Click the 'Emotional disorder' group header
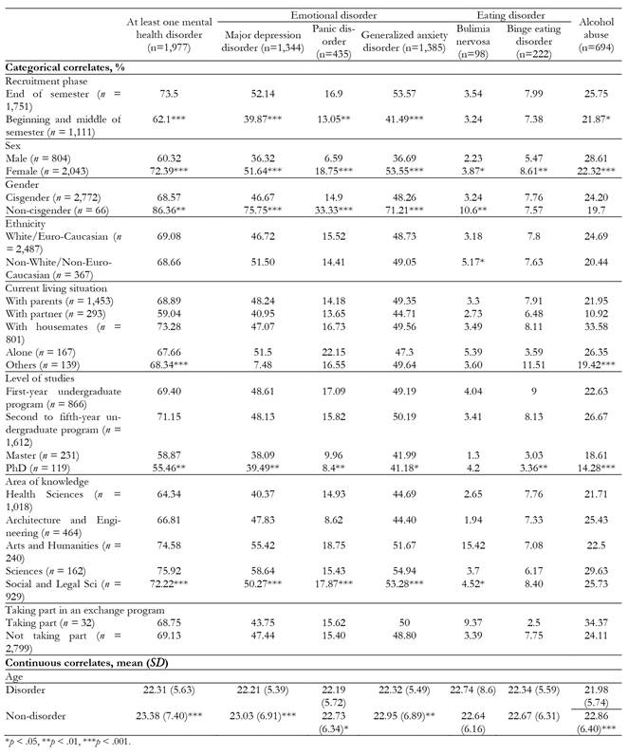[x=333, y=15]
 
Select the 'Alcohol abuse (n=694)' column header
[x=596, y=35]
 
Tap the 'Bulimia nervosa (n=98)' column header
[x=473, y=42]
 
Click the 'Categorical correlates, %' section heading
[x=65, y=67]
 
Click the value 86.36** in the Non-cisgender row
[x=169, y=211]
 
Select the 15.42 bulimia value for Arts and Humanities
[x=473, y=545]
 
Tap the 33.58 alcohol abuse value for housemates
[x=596, y=326]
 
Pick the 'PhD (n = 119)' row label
[x=38, y=468]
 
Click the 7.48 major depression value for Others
[x=263, y=365]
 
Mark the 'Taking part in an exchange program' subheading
[x=84, y=610]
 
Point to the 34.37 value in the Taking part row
[x=596, y=622]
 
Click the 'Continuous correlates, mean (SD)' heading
[x=86, y=663]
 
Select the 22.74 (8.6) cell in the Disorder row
[x=473, y=690]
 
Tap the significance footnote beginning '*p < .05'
[x=68, y=742]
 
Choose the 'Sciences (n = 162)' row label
[x=46, y=571]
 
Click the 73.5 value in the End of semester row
[x=169, y=94]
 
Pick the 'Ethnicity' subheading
[x=26, y=224]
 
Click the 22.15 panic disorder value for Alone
[x=333, y=353]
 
